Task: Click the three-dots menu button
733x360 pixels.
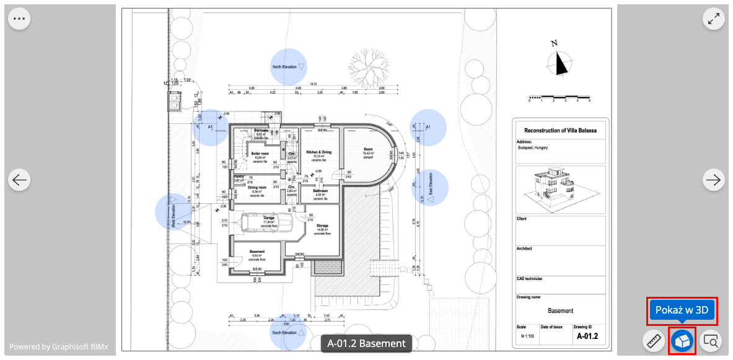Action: point(19,19)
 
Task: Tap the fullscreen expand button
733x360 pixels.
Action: point(714,19)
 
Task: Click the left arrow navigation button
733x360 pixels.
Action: point(19,180)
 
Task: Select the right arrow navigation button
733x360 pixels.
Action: point(714,180)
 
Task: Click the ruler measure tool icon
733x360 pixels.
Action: point(653,341)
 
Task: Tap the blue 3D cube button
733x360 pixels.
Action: point(682,341)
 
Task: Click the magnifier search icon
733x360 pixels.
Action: point(711,341)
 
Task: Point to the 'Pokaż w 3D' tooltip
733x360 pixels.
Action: point(682,310)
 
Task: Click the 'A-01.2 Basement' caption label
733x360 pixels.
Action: point(366,343)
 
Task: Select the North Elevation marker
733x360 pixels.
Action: point(289,66)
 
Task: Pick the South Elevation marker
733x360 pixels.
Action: point(288,332)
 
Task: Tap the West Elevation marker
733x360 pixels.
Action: point(173,212)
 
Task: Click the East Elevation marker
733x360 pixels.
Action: point(429,188)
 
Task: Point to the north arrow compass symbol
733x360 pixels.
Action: point(561,62)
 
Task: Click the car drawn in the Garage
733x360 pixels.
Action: point(268,223)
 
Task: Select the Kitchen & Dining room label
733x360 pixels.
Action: point(318,152)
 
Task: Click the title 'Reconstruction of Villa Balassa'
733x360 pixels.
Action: point(560,131)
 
